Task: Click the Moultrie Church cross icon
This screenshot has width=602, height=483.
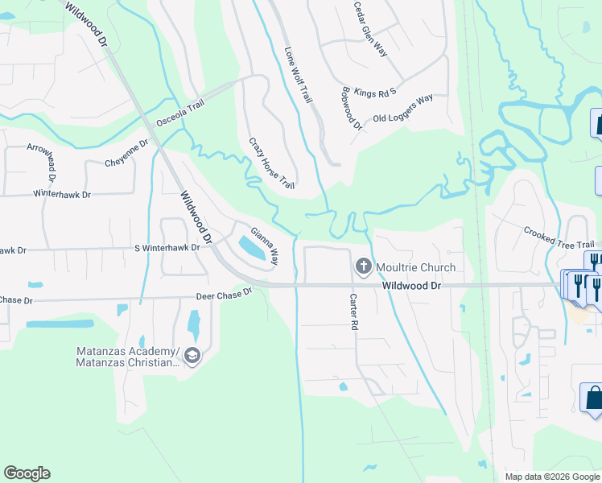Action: [x=363, y=266]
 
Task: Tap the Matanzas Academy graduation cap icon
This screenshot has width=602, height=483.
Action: [x=192, y=355]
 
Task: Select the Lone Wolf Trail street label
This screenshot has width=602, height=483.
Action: [x=297, y=74]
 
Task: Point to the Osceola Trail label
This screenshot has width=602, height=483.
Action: [x=181, y=114]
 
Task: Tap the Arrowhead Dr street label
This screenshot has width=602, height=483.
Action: [x=52, y=163]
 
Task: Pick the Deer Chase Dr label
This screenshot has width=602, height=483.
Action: [x=225, y=295]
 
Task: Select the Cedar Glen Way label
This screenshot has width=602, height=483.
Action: [x=370, y=29]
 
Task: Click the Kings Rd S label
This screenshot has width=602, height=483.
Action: [x=376, y=93]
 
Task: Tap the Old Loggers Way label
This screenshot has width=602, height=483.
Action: [x=402, y=109]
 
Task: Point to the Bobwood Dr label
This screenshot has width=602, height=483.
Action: [x=352, y=108]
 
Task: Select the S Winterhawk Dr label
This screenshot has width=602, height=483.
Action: [x=167, y=248]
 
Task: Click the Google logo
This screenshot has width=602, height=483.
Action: [x=27, y=473]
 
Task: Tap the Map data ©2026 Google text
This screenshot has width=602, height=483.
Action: [x=551, y=477]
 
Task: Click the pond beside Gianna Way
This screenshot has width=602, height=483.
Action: [x=250, y=248]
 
